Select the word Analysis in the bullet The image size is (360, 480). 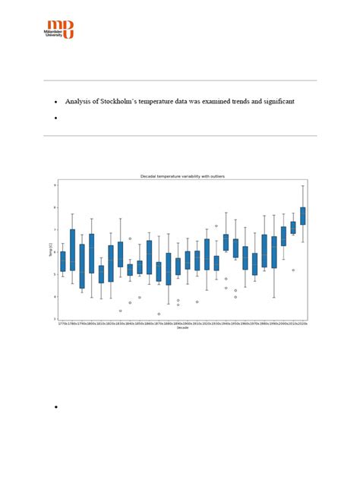pos(81,101)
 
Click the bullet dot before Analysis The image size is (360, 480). pos(56,102)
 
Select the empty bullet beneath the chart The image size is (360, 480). pos(56,408)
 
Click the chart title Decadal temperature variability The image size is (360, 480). pos(182,175)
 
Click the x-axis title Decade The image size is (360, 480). pos(182,329)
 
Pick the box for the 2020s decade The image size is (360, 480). pos(303,216)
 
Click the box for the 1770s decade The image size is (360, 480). pos(62,261)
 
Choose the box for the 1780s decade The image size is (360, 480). pos(72,249)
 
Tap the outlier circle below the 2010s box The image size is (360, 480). pos(293,270)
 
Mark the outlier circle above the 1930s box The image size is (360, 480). pos(216,226)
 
